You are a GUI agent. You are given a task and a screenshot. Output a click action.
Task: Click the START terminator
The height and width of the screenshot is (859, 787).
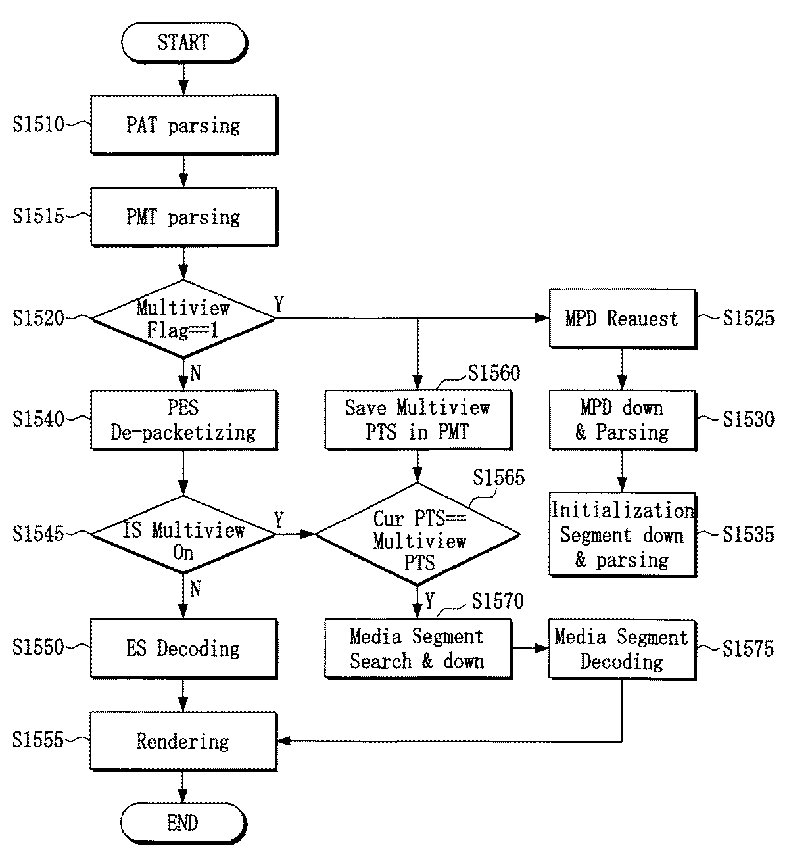184,43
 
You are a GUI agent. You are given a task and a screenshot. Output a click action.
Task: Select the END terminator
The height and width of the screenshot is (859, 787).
183,823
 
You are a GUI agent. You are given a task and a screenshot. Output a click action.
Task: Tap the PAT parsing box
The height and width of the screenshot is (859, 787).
184,125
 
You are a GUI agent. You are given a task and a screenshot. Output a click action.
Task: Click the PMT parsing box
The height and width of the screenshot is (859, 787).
184,217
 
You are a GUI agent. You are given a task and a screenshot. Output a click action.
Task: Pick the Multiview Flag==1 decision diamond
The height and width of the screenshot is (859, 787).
183,319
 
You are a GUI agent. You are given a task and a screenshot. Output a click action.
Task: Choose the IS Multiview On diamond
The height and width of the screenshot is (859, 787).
183,534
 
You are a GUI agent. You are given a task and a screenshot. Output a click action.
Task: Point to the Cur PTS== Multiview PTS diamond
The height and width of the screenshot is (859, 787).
417,534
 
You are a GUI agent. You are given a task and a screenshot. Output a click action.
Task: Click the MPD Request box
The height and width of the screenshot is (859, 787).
623,319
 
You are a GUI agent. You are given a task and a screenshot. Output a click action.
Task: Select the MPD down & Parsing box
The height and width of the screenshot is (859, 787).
623,420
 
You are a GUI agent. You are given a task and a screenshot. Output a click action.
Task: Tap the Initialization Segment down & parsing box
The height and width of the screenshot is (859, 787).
623,534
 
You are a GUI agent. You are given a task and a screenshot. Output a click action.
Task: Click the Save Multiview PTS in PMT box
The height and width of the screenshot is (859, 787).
418,420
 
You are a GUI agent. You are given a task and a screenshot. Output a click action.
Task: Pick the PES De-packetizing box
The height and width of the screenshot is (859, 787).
184,420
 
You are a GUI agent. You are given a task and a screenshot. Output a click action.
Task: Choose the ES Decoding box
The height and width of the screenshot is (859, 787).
184,648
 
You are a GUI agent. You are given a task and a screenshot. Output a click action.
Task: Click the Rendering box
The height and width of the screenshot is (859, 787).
184,741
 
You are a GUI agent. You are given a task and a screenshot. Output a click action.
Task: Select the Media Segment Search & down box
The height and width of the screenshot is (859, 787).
418,649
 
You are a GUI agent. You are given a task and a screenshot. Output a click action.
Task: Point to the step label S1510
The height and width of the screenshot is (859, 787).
38,125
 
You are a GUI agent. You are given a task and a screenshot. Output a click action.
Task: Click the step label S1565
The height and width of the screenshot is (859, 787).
498,477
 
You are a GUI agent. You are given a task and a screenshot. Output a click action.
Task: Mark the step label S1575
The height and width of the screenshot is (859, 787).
748,649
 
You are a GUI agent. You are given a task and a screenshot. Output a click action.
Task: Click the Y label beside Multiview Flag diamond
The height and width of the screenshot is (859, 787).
279,304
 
